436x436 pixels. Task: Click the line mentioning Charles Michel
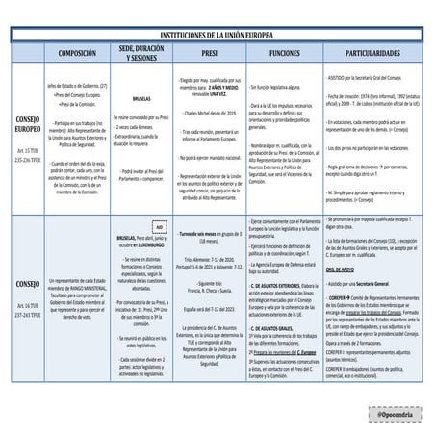click(x=205, y=113)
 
